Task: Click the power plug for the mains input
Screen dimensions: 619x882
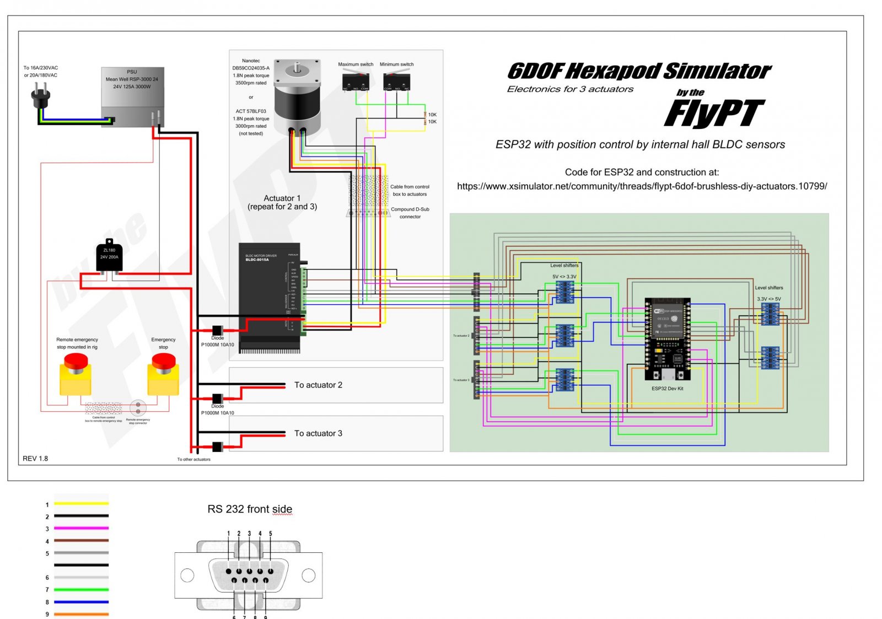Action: [40, 96]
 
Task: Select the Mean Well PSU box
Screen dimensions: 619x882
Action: [132, 97]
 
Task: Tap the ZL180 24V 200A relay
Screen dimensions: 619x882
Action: [109, 256]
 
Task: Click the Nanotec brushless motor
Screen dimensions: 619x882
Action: [297, 96]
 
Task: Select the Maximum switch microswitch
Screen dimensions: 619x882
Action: [356, 82]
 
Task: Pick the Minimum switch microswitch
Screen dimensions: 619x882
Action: [396, 82]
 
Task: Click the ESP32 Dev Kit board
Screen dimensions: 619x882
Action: [667, 338]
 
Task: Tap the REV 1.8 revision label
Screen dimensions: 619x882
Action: [35, 459]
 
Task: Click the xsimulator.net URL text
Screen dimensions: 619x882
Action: [642, 186]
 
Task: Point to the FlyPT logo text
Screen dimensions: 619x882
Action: [714, 114]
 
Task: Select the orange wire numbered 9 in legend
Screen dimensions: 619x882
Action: [81, 614]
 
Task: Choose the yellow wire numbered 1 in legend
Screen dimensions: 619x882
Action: [81, 503]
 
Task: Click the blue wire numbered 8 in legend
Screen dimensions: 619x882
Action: [81, 602]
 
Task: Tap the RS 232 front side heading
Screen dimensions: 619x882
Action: [250, 509]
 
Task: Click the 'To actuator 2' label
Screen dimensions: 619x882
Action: [318, 385]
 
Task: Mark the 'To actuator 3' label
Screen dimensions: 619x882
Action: [318, 433]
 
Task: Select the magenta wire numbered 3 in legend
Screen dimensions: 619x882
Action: [81, 528]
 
